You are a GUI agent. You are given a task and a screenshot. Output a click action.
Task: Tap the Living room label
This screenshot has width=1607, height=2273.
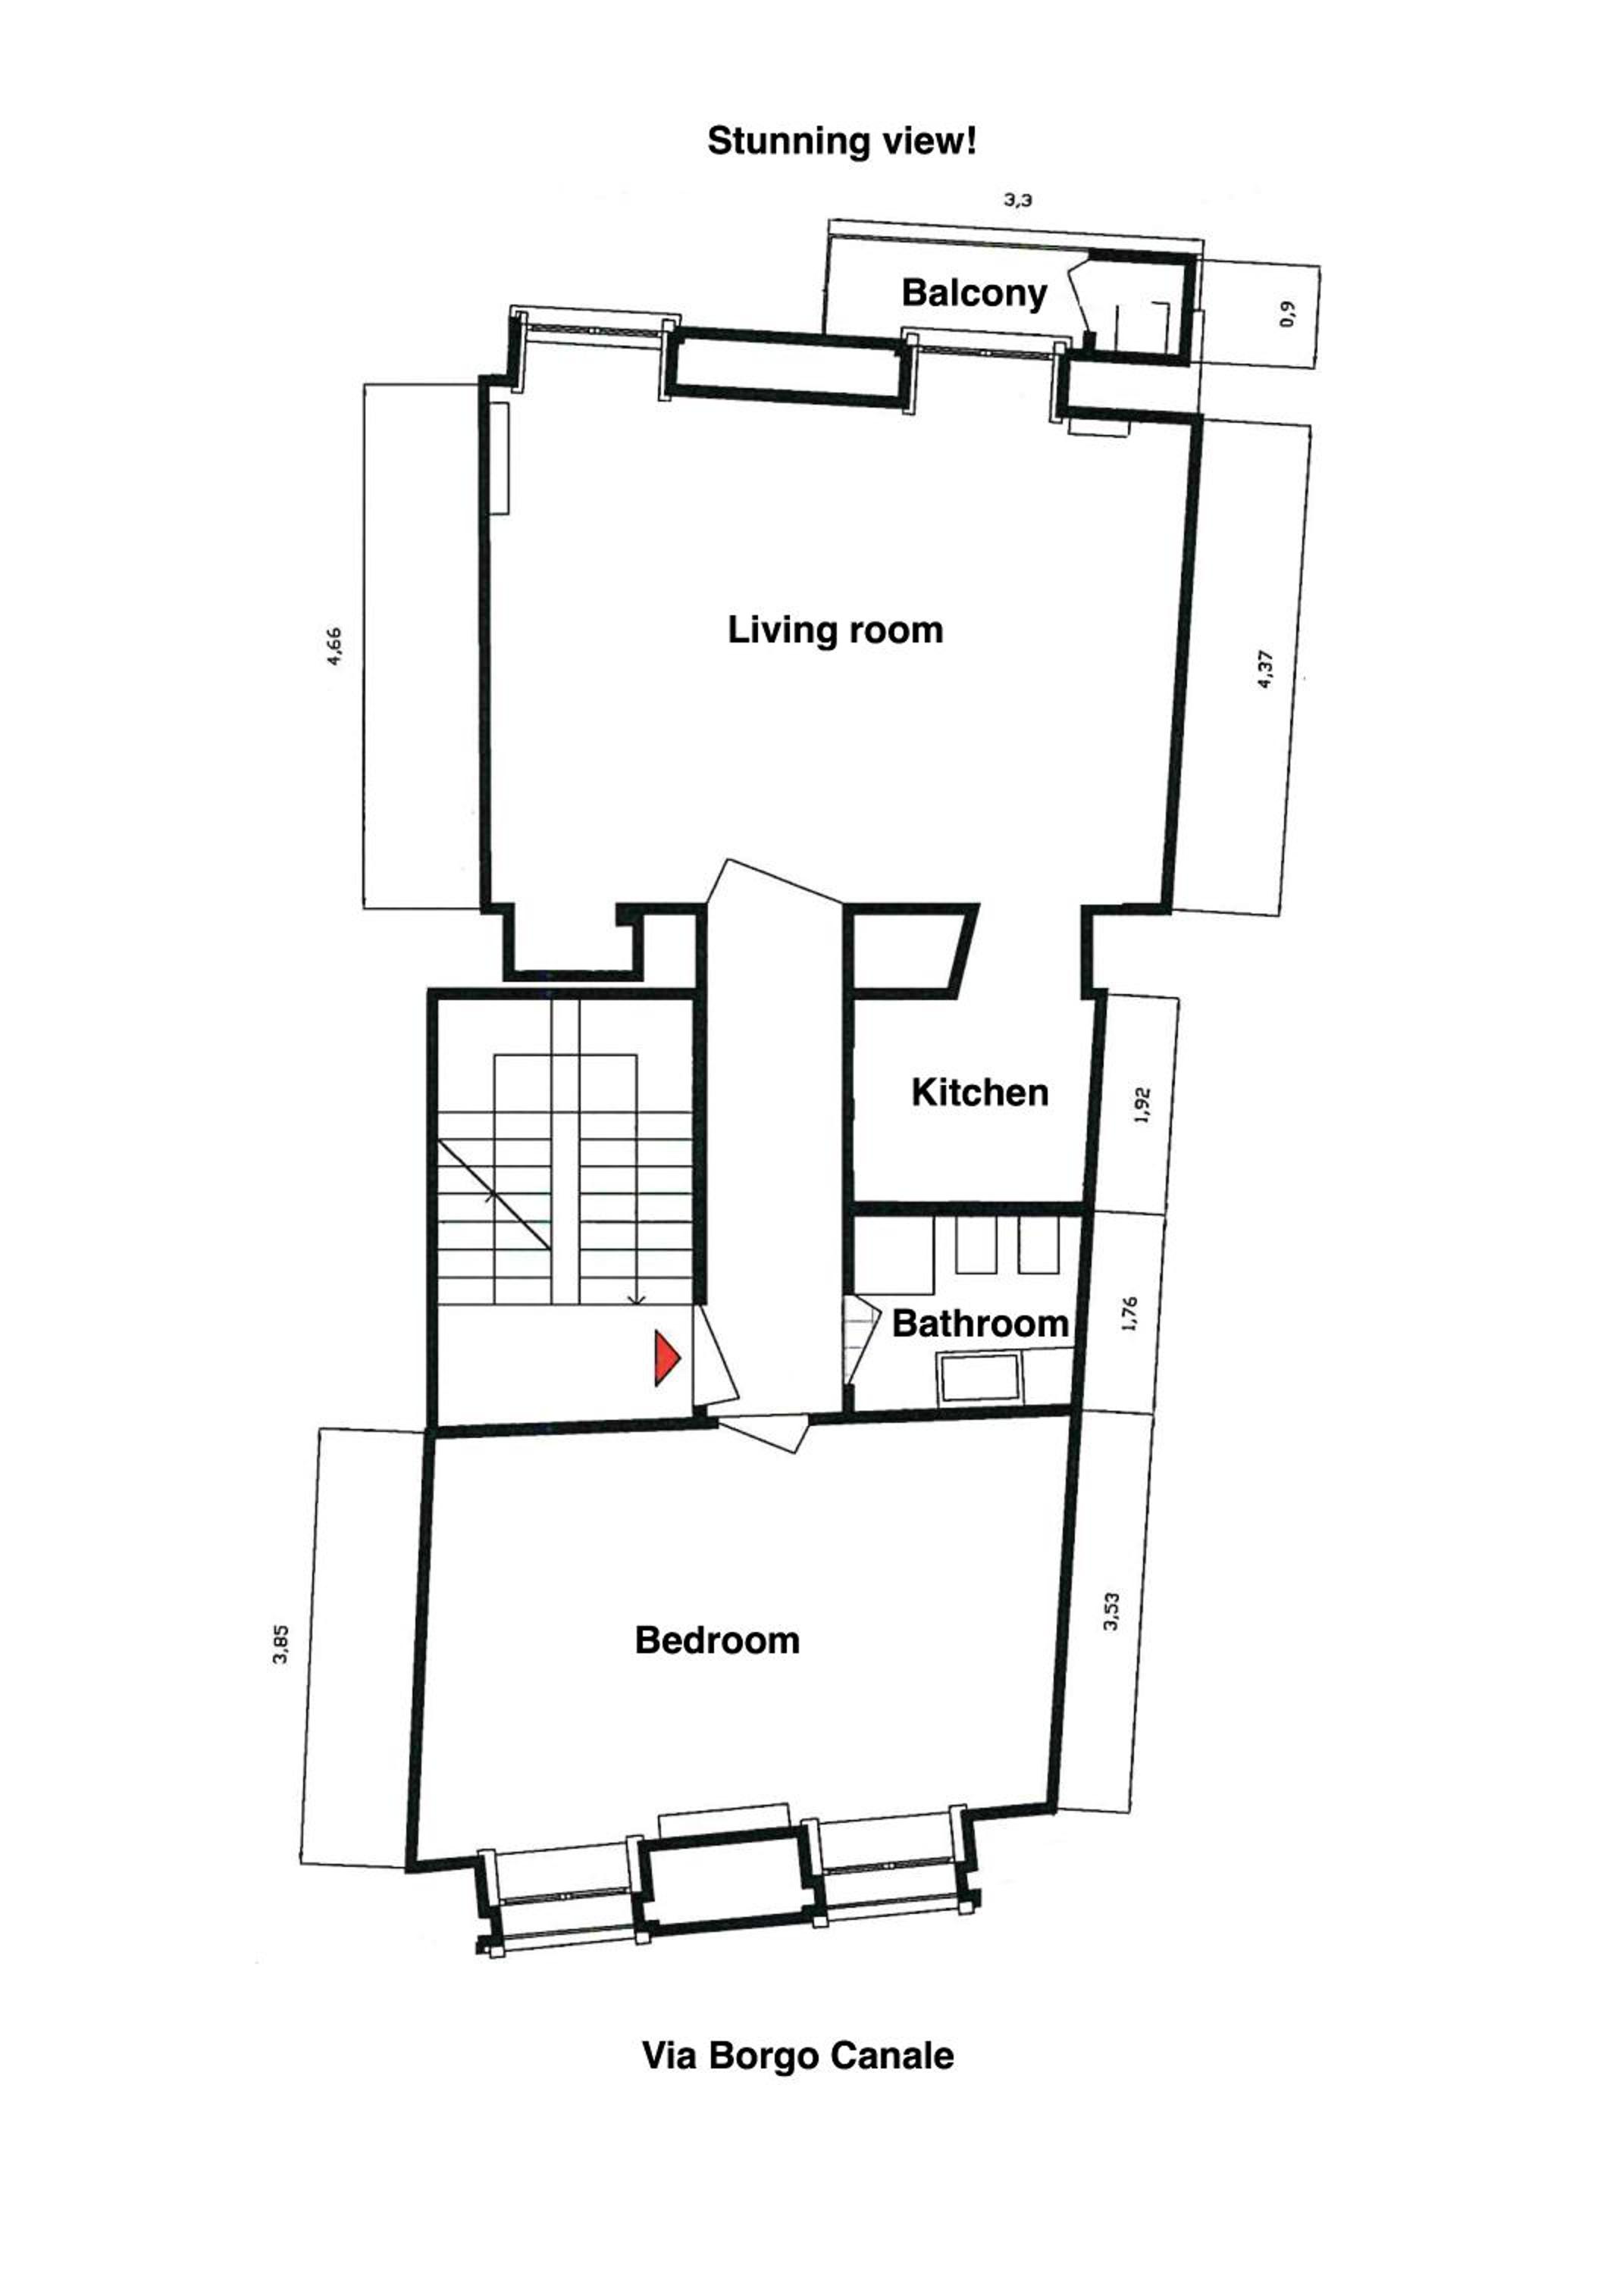click(835, 630)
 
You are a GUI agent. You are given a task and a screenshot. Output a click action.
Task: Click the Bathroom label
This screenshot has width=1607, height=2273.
click(979, 1324)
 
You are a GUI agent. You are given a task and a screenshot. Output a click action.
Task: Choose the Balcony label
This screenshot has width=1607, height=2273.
click(974, 294)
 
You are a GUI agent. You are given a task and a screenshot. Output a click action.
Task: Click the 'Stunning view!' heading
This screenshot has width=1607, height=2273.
click(841, 141)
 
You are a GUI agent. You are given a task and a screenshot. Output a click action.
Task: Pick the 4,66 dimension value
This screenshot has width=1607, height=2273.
click(335, 646)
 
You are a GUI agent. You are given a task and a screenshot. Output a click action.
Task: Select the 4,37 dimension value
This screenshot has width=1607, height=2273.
click(1264, 668)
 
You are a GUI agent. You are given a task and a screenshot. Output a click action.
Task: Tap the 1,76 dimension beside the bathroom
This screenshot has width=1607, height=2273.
click(1131, 1314)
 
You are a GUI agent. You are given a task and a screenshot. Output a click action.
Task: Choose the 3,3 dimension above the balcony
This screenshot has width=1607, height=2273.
click(1018, 200)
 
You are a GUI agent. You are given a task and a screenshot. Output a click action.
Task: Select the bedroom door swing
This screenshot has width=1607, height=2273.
click(763, 1434)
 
